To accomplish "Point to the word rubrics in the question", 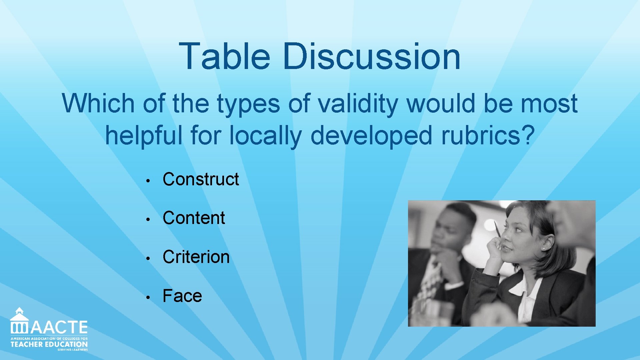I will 487,135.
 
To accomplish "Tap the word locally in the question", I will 266,135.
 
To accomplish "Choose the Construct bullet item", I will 201,179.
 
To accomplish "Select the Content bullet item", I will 194,218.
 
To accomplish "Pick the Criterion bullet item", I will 196,257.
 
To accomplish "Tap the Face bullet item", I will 182,296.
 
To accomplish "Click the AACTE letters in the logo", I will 59,327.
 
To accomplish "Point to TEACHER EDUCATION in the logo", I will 49,344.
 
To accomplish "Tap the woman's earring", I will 544,249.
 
